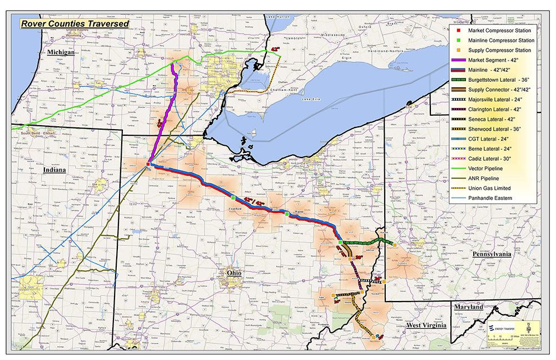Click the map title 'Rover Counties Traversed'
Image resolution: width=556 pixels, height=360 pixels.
click(x=75, y=24)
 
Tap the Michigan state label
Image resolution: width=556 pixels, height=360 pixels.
click(x=61, y=52)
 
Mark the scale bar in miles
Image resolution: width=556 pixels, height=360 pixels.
click(x=501, y=339)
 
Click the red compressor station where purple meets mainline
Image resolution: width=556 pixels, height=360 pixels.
click(x=148, y=165)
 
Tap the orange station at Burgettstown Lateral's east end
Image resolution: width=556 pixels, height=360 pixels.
click(x=394, y=244)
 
